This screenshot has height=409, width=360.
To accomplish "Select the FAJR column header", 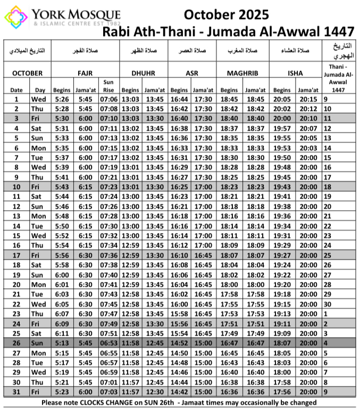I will pos(85,73).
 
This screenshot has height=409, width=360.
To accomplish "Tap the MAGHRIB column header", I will pos(242,73).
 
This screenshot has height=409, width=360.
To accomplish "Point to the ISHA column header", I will pos(296,73).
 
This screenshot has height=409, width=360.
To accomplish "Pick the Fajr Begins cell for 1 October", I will pos(62,99).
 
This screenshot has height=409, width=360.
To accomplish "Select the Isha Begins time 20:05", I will pos(282,99).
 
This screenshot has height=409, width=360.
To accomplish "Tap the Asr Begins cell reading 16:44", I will pos(179,99).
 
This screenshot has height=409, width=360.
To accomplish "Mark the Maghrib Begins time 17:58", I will pos(229,294).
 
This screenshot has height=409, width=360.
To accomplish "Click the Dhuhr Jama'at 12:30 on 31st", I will pos(155,391).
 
